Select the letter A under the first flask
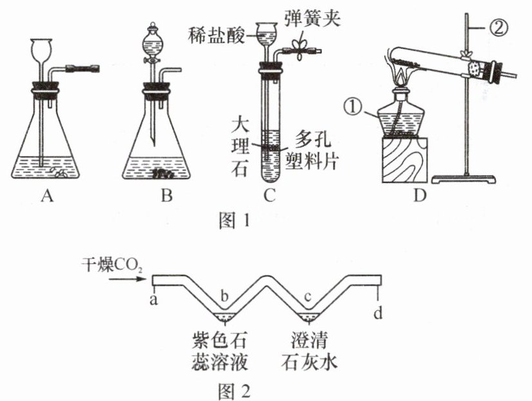(x=46, y=197)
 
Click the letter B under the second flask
(x=167, y=197)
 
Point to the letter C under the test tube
(x=270, y=197)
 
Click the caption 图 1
(x=230, y=220)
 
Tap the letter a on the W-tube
(x=155, y=299)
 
